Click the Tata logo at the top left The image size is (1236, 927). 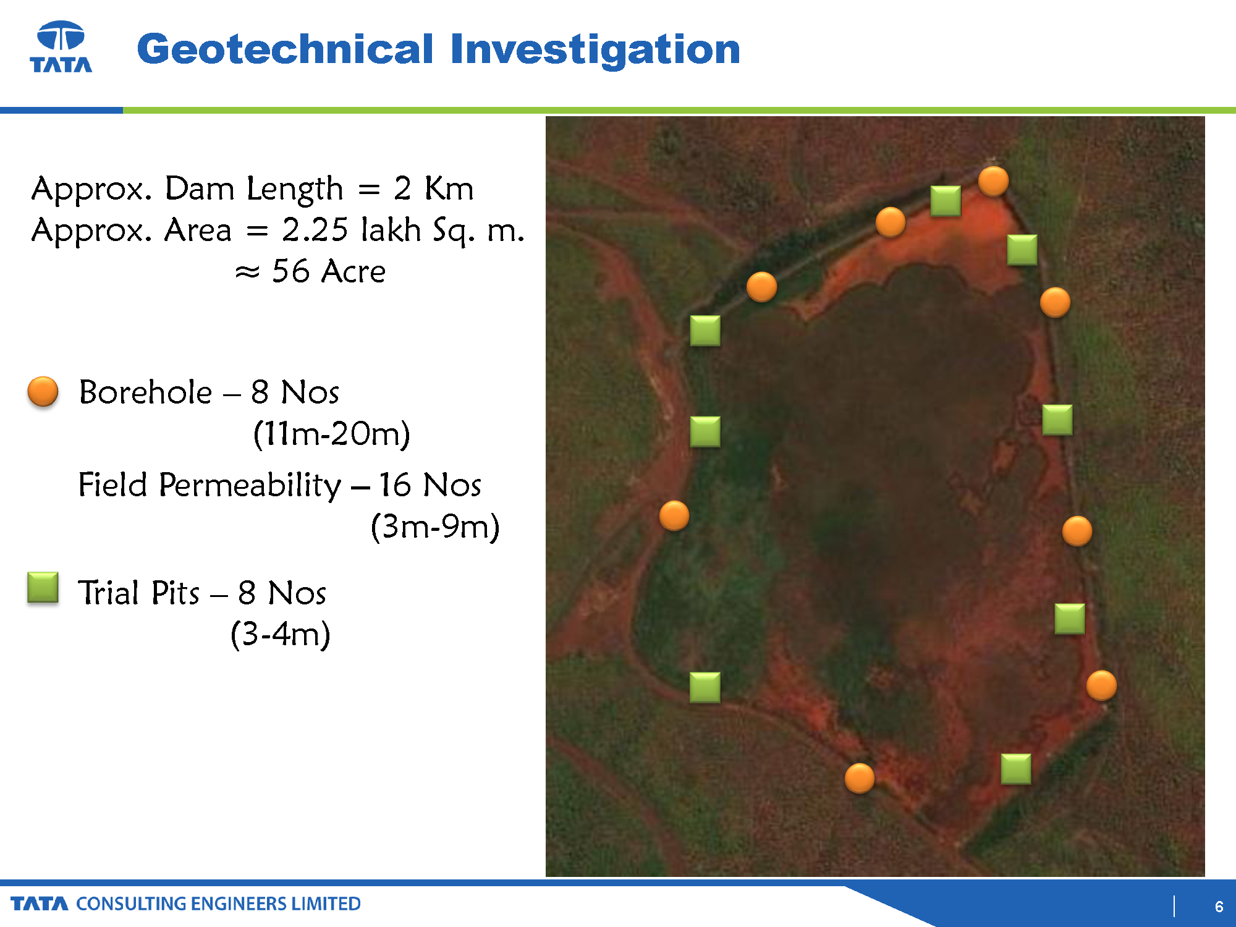click(61, 47)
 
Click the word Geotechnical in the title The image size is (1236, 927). click(285, 49)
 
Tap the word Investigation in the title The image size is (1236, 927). click(595, 49)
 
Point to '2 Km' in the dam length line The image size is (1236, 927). click(434, 188)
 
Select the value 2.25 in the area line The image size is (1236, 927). click(315, 229)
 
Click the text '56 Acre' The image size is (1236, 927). click(329, 271)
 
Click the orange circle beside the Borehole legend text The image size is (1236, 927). click(43, 392)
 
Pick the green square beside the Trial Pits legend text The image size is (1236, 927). click(43, 587)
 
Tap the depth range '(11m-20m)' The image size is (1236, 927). click(332, 433)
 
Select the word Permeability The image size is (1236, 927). click(250, 485)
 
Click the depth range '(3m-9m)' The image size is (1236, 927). click(435, 527)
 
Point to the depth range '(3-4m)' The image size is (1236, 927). click(281, 633)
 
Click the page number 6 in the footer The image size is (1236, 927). click(1219, 906)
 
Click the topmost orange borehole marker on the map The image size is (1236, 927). click(994, 182)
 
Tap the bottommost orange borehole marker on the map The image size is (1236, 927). click(860, 778)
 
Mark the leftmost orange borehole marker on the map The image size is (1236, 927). click(674, 516)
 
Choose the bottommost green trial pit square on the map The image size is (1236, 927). click(1016, 769)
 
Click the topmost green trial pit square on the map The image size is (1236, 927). click(946, 201)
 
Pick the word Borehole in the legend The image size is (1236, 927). click(146, 392)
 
